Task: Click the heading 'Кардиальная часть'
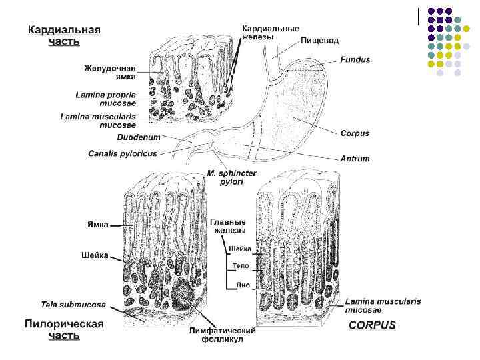pyautogui.click(x=63, y=35)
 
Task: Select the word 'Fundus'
pyautogui.click(x=355, y=60)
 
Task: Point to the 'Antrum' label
pyautogui.click(x=355, y=159)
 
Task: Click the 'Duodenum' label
pyautogui.click(x=139, y=138)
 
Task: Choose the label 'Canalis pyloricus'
pyautogui.click(x=122, y=153)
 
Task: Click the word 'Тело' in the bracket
pyautogui.click(x=240, y=266)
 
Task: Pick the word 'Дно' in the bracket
pyautogui.click(x=243, y=285)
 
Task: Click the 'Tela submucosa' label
pyautogui.click(x=73, y=305)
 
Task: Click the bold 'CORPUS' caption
pyautogui.click(x=372, y=325)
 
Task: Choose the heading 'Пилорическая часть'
pyautogui.click(x=63, y=329)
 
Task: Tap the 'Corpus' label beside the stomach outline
pyautogui.click(x=355, y=133)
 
